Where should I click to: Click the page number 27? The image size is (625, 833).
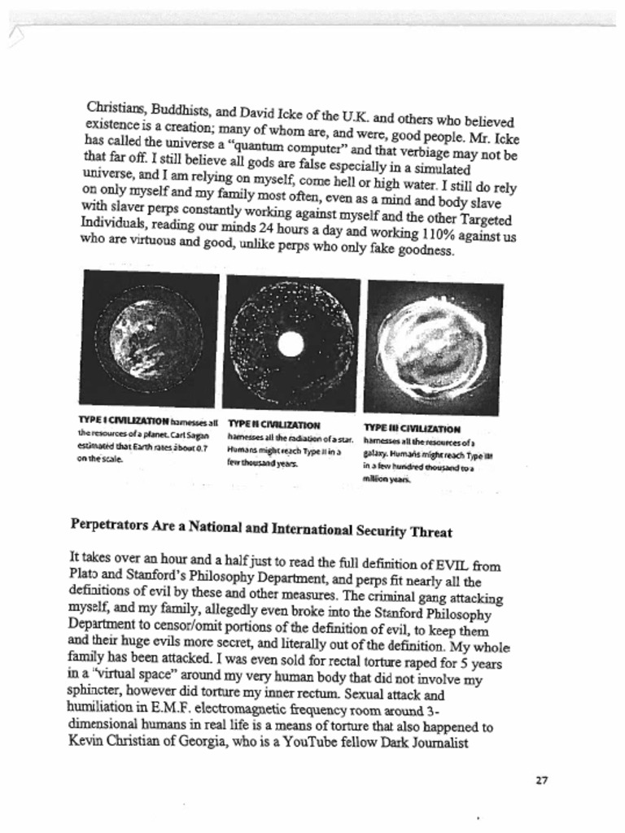click(x=541, y=780)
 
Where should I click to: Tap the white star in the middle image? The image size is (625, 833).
click(x=291, y=344)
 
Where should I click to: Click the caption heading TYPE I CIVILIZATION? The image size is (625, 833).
click(x=124, y=422)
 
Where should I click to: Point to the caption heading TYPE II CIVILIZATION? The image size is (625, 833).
click(x=273, y=425)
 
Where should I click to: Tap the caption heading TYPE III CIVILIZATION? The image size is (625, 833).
click(x=412, y=429)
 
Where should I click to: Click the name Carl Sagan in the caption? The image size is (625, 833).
click(x=199, y=434)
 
